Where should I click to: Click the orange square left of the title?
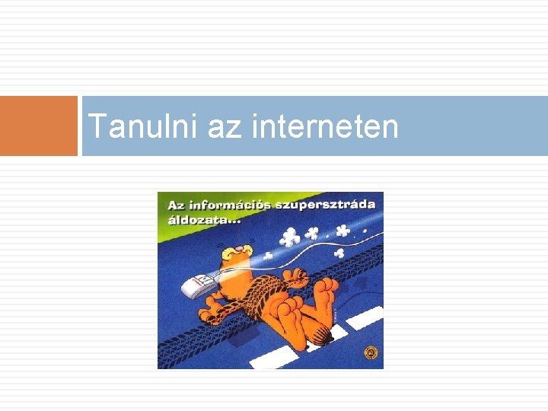(x=39, y=126)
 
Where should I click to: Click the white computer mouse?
(x=197, y=285)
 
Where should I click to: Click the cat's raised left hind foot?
(x=326, y=289)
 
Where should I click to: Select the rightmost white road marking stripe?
(x=364, y=318)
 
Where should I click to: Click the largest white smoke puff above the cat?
(x=289, y=238)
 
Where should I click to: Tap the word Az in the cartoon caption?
(x=176, y=205)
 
